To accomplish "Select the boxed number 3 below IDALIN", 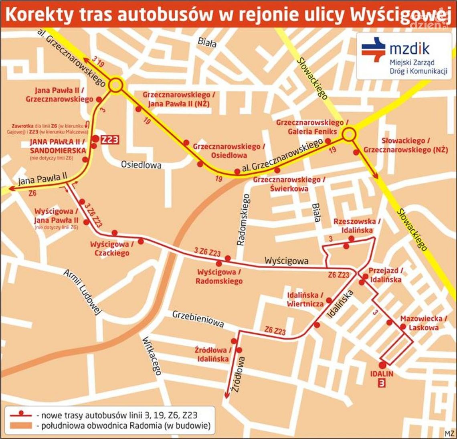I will [382, 383].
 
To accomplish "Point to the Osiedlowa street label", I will [141, 165].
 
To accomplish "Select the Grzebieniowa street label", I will [198, 319].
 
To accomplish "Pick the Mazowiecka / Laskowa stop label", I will [423, 323].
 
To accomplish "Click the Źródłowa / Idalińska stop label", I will [213, 354].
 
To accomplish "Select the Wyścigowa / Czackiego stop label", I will [109, 249].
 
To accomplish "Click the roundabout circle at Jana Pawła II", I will [115, 85].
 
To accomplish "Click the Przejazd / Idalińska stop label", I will [385, 275].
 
